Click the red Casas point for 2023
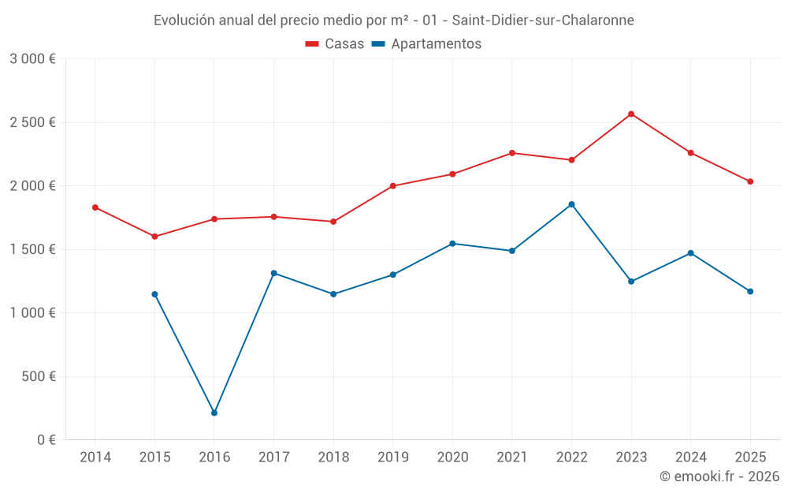point(631,114)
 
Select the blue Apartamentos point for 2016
point(214,413)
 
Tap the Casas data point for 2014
point(95,207)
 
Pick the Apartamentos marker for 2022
point(571,204)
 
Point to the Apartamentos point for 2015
point(154,294)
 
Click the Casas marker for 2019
point(393,186)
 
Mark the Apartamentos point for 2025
point(750,291)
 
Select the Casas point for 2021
point(512,153)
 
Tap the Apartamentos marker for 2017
point(273,273)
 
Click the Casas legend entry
point(335,44)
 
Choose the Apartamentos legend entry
point(426,44)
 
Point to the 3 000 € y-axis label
point(32,59)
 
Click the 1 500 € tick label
point(32,249)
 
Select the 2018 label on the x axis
point(333,457)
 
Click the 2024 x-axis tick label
point(690,457)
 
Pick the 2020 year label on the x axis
point(452,457)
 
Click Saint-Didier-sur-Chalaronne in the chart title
point(543,21)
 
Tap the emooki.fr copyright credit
point(719,476)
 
